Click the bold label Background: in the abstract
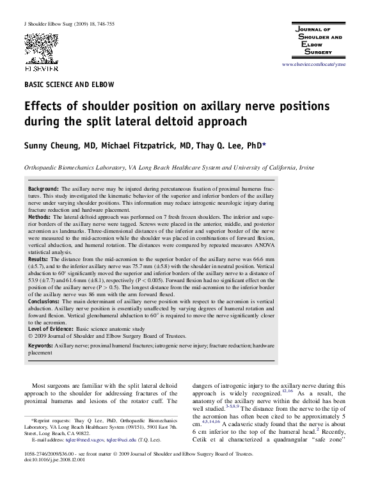(x=44, y=190)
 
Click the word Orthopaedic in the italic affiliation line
(x=43, y=167)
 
